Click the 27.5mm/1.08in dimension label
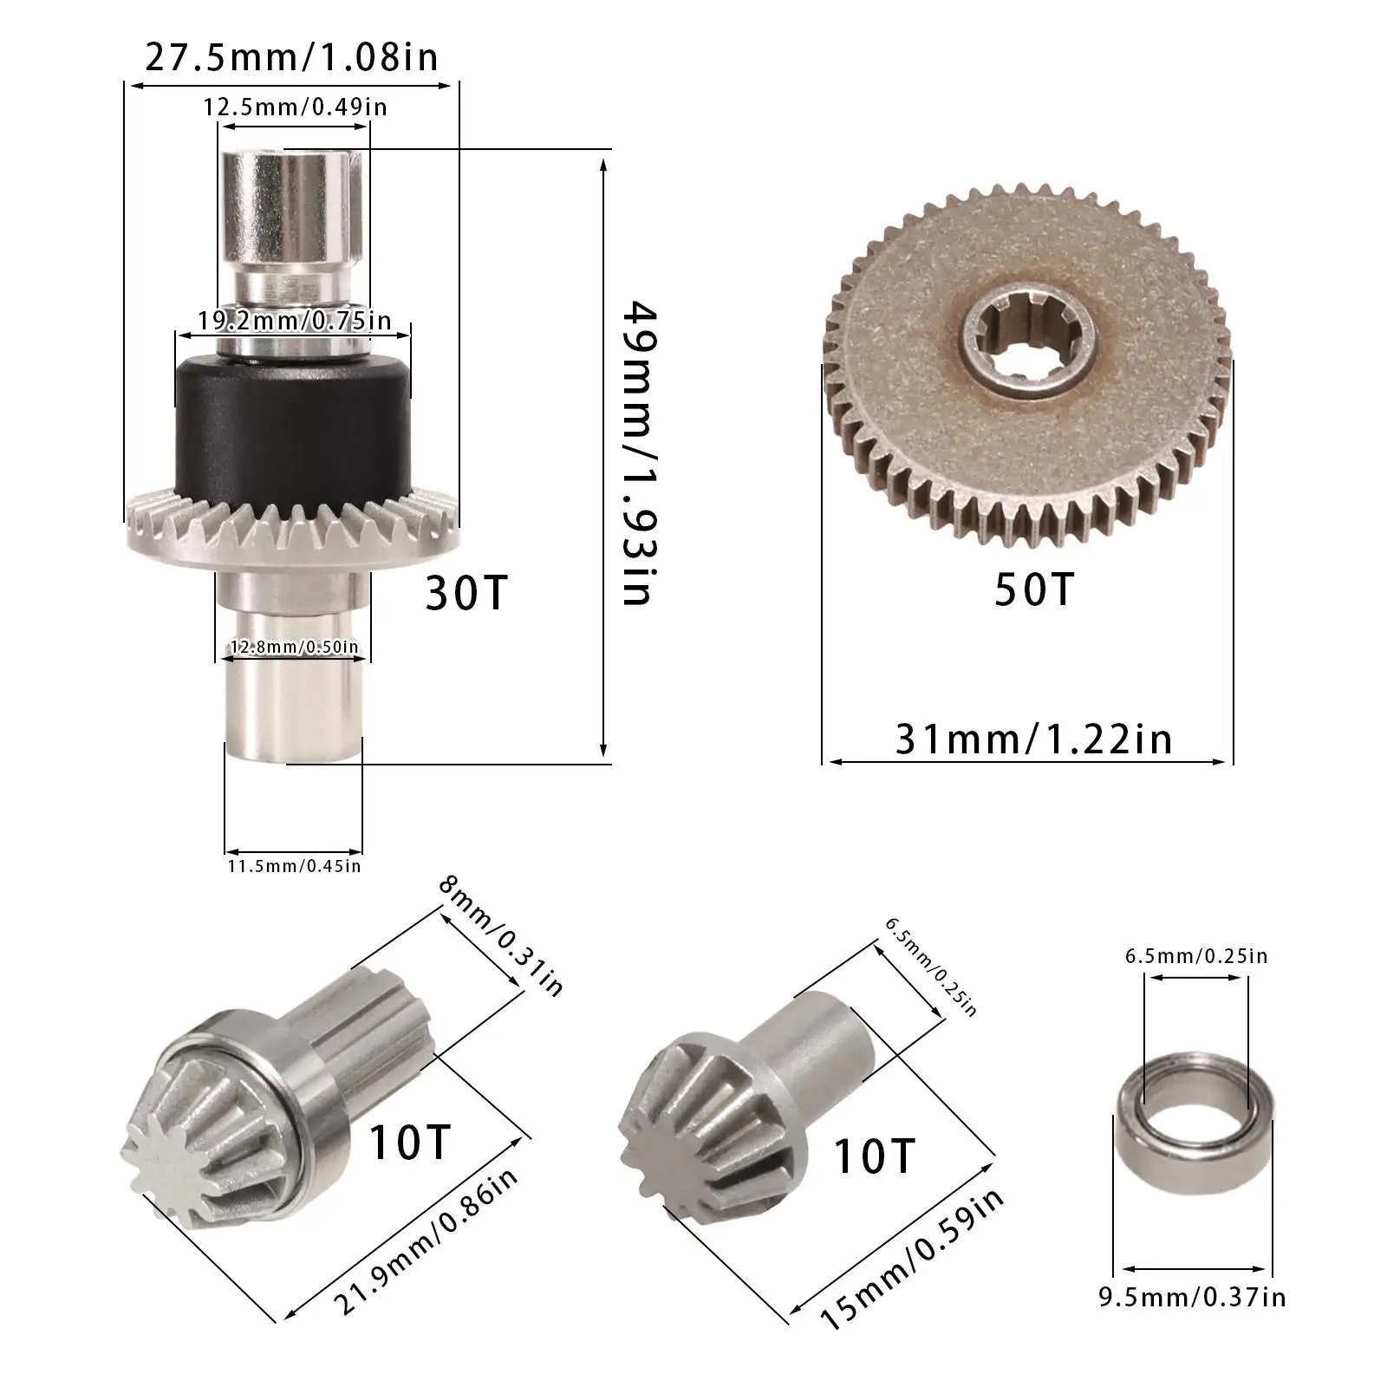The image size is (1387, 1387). pyautogui.click(x=291, y=58)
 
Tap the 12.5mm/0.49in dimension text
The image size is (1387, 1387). pyautogui.click(x=295, y=107)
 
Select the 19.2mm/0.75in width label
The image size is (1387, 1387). pyautogui.click(x=294, y=321)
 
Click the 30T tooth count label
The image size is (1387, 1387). pyautogui.click(x=466, y=594)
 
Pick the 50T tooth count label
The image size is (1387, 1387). pyautogui.click(x=1033, y=589)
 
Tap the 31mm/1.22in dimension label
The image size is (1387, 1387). pyautogui.click(x=1033, y=739)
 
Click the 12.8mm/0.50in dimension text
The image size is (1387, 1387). pyautogui.click(x=294, y=647)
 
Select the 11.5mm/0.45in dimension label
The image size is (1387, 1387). pyautogui.click(x=294, y=864)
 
